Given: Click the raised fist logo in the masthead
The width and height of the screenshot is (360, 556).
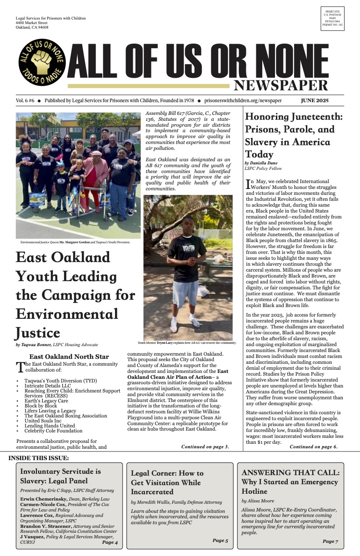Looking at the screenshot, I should click(x=41, y=62).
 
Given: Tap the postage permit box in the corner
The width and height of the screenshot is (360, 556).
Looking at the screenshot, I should click(x=332, y=19).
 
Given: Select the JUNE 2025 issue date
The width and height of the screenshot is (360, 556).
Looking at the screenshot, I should click(x=315, y=100).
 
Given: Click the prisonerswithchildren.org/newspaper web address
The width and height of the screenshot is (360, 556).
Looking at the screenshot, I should click(x=243, y=100).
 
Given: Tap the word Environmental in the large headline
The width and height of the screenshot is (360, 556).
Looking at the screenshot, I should click(x=67, y=314).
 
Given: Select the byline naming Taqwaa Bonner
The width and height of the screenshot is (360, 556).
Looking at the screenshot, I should click(x=57, y=345).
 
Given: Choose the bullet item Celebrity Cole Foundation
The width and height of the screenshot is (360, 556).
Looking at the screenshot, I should click(x=53, y=431).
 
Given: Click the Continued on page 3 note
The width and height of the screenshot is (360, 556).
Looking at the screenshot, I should click(x=205, y=447).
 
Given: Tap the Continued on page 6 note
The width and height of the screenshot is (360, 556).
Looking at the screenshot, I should click(x=314, y=447).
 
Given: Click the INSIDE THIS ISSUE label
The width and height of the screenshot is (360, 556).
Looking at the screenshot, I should click(x=39, y=457).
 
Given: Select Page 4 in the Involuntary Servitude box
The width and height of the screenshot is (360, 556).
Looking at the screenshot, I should click(x=110, y=542).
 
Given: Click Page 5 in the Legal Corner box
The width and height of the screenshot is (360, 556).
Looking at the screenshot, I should click(x=220, y=541).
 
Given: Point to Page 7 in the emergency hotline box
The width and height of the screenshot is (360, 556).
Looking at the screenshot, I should click(x=330, y=541).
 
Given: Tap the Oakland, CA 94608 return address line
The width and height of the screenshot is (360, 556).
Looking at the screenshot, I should click(x=31, y=27).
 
